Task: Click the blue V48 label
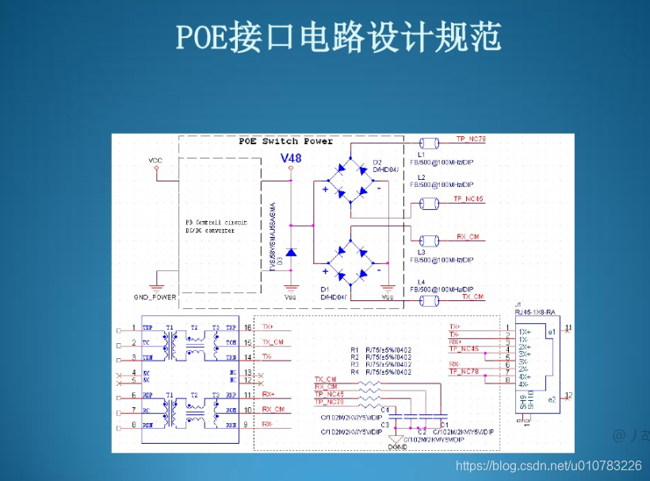[x=291, y=158]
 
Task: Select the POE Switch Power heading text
[x=285, y=141]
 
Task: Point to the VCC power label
[x=155, y=161]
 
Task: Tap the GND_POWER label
[x=155, y=297]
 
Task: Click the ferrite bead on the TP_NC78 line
[x=430, y=143]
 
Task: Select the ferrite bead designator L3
[x=422, y=252]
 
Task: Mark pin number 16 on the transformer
[x=248, y=327]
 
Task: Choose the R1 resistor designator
[x=354, y=349]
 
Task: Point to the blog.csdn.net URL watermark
[x=548, y=466]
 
